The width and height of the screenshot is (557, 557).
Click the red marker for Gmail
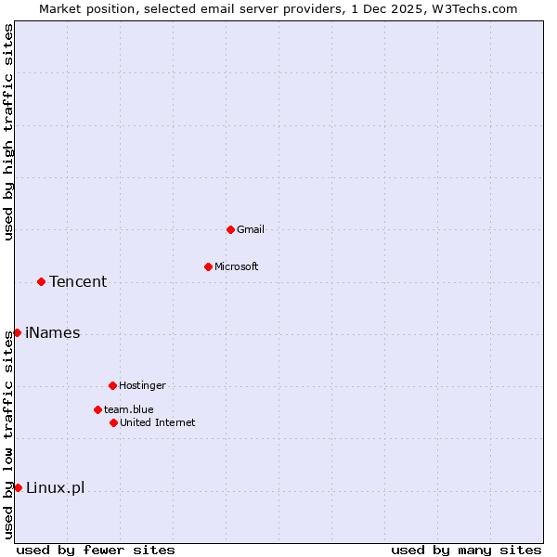(x=230, y=229)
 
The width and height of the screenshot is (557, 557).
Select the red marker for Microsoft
(x=208, y=266)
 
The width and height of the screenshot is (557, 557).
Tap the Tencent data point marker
(x=41, y=281)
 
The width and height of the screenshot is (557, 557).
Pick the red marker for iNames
(x=17, y=332)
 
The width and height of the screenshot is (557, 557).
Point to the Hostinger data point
(x=112, y=385)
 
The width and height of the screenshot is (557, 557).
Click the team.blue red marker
(x=97, y=409)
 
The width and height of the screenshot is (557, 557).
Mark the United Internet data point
(x=113, y=422)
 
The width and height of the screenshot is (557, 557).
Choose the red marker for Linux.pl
(x=18, y=487)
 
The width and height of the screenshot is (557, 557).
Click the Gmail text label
(x=251, y=229)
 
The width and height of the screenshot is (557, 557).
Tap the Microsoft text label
(x=237, y=266)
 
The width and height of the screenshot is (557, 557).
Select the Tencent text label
(x=78, y=281)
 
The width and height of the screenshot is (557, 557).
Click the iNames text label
(x=53, y=332)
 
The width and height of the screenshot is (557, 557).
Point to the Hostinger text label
(x=142, y=385)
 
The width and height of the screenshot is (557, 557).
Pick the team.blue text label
(x=129, y=409)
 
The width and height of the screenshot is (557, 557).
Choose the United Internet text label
(x=158, y=422)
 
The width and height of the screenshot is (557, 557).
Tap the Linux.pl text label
(x=55, y=487)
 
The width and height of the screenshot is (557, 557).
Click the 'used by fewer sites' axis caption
(x=96, y=550)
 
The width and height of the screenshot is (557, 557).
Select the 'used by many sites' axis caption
(x=466, y=550)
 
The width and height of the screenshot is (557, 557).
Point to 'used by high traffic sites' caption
(x=8, y=132)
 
